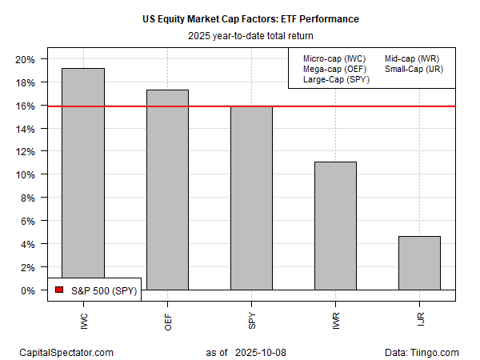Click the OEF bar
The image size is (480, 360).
tap(167, 190)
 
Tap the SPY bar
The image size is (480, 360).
tap(251, 198)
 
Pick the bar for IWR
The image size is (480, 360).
tap(335, 226)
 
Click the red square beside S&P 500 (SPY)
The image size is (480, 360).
tap(58, 290)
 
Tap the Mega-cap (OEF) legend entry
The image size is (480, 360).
tap(334, 69)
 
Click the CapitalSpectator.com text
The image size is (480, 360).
tap(66, 352)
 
